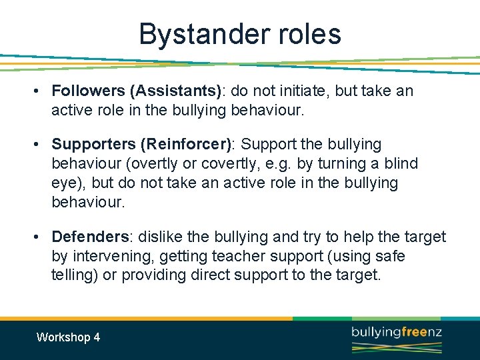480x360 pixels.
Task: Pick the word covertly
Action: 250,163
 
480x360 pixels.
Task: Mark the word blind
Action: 401,163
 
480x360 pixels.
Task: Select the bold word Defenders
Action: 90,237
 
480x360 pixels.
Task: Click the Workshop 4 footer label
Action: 68,337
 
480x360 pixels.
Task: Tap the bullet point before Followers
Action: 41,91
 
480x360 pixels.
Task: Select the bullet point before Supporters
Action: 41,145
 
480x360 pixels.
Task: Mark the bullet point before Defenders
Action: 41,237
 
